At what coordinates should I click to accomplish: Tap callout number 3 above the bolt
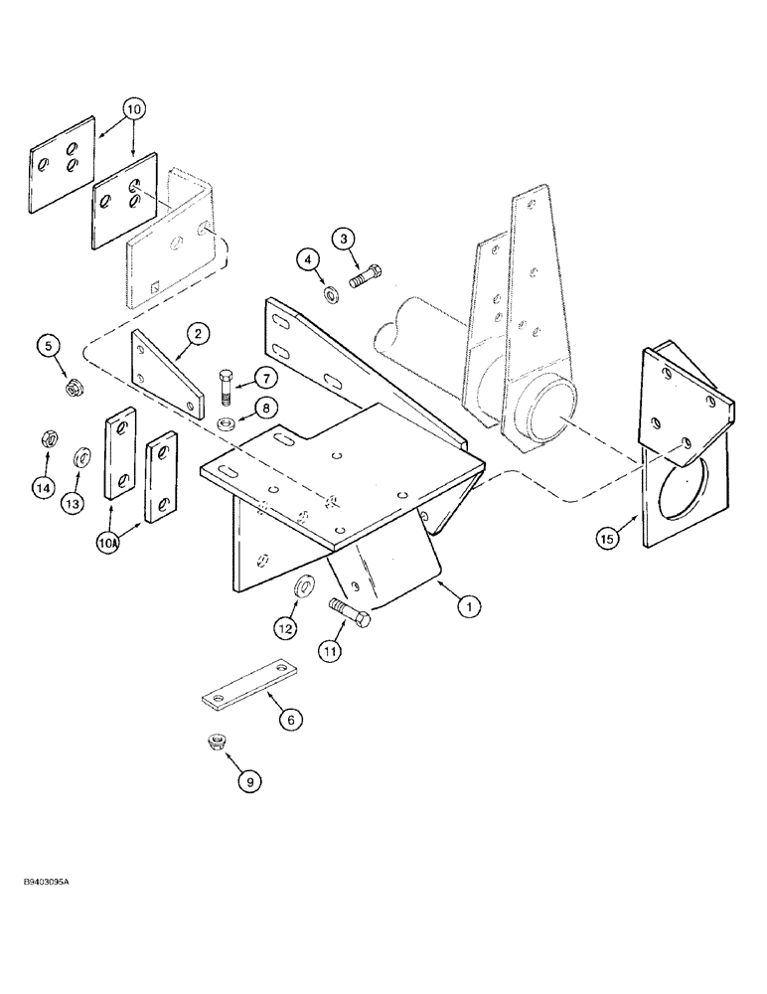[x=343, y=239]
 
